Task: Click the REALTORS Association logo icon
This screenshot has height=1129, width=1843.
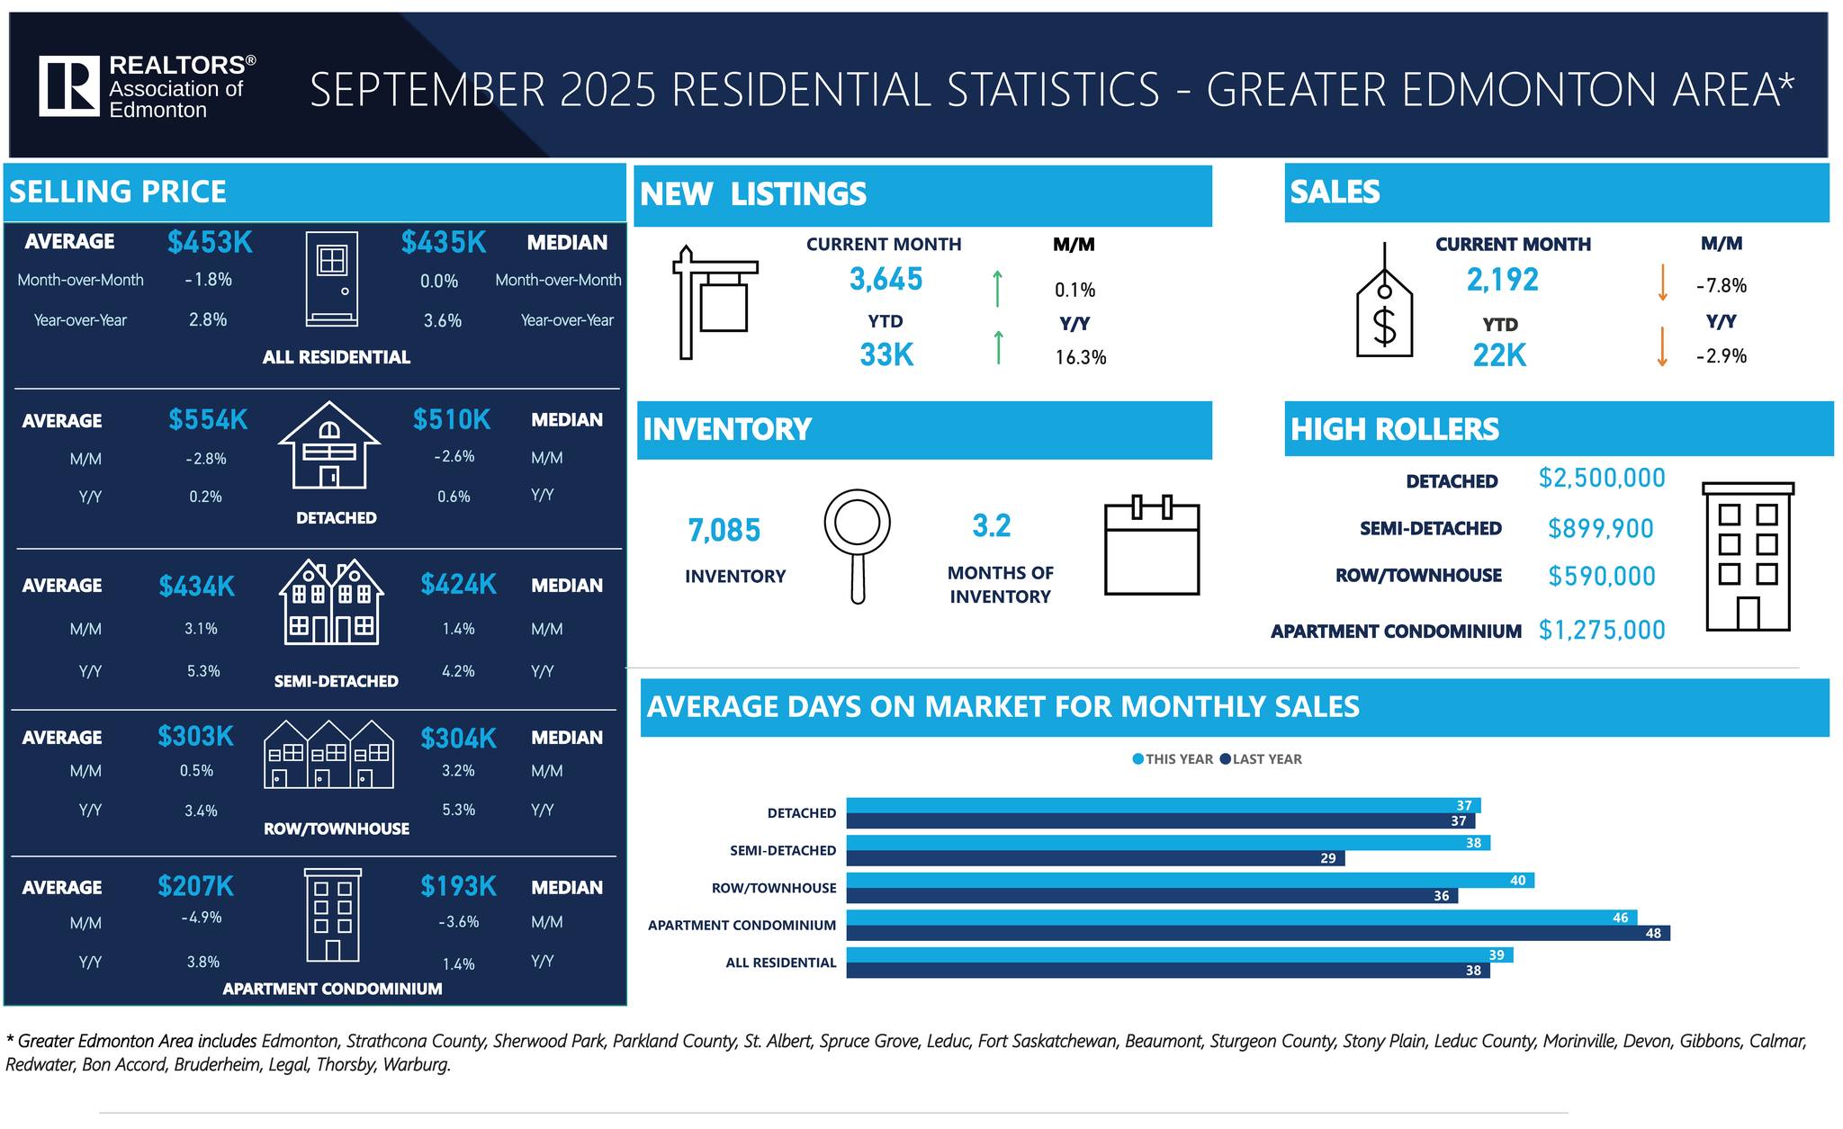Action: tap(68, 86)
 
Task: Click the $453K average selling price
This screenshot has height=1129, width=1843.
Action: tap(210, 242)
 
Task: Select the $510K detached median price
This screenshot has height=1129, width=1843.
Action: tap(451, 419)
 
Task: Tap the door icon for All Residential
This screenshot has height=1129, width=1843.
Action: tap(331, 278)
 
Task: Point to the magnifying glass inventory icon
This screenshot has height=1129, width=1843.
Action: tap(857, 544)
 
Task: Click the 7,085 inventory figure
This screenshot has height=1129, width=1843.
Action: tap(724, 531)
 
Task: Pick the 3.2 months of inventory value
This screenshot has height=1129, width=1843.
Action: tap(991, 525)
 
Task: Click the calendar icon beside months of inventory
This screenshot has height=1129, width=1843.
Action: tap(1151, 545)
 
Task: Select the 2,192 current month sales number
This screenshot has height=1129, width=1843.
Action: tap(1502, 280)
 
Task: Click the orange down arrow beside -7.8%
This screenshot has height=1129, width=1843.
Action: tap(1662, 282)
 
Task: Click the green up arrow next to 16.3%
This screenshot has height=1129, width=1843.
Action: tap(998, 347)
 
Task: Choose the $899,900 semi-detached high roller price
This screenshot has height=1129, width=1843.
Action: tap(1600, 528)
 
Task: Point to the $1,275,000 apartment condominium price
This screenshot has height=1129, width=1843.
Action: tap(1601, 630)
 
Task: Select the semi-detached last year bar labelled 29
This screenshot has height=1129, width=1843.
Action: tap(1094, 858)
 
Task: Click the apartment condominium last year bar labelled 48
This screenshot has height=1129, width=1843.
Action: tap(1257, 933)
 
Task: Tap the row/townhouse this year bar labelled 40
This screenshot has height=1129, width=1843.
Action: tap(1189, 880)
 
